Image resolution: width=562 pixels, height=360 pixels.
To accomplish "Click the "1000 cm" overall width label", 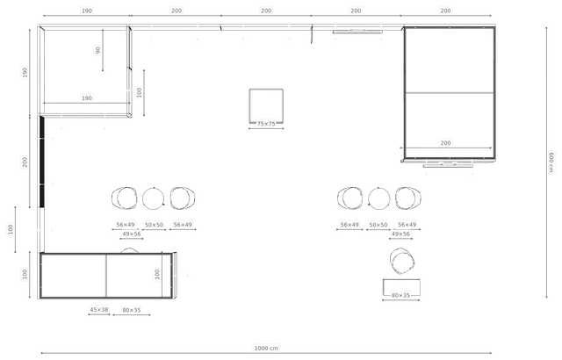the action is [x=266, y=348].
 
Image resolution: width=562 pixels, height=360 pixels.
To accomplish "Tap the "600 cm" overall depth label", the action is [x=551, y=162].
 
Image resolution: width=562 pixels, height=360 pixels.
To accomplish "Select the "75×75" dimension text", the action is [x=266, y=124].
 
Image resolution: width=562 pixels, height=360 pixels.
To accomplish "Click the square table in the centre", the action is [x=266, y=105].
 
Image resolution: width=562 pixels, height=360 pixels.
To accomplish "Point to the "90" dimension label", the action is [x=97, y=50].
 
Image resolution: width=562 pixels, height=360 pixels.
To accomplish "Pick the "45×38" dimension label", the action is [x=99, y=309].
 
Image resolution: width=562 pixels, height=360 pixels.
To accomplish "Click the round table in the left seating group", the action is [x=153, y=198].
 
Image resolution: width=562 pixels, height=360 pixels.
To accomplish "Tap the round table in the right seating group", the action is [x=378, y=198].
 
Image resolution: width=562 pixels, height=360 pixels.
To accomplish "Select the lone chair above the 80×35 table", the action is [x=402, y=261].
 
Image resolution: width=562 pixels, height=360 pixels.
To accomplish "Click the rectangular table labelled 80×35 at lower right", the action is [x=401, y=287].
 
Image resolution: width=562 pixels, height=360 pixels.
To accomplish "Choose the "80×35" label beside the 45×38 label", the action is [x=132, y=310].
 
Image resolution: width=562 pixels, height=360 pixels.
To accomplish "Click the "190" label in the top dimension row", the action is [x=87, y=11].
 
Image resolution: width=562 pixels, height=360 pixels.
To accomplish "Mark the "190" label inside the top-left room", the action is [x=87, y=97].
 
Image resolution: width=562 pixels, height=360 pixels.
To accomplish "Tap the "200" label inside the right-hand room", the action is [x=445, y=143].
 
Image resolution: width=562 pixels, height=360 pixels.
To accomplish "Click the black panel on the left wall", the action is [x=41, y=162].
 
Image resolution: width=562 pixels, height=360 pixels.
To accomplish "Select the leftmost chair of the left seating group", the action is [x=125, y=198].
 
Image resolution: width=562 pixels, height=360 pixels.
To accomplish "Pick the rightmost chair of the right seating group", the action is [x=408, y=198].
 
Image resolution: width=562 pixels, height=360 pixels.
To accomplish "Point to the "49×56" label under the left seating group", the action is [x=132, y=234].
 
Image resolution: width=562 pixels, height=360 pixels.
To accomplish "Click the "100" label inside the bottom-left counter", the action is [x=156, y=274].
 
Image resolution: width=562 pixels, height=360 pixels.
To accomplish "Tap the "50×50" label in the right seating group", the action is [x=378, y=225].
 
